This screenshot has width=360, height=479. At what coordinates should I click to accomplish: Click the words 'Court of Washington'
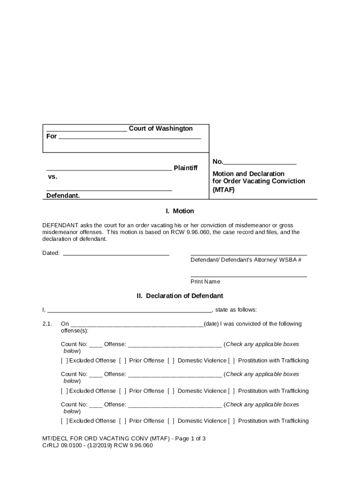point(160,129)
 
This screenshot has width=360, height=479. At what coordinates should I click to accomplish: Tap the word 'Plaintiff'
point(186,168)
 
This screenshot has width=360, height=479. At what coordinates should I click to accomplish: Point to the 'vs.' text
point(52,177)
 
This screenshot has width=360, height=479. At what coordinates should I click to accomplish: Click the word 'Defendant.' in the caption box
point(63,196)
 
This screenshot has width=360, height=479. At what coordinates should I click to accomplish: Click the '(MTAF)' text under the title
point(224,190)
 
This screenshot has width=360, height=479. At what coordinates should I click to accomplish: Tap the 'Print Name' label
point(205,282)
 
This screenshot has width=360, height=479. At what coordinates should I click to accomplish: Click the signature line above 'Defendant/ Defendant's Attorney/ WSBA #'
point(249,254)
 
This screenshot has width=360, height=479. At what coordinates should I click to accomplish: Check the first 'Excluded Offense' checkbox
point(65,361)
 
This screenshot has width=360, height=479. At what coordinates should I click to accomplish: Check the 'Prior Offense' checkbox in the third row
point(122,421)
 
